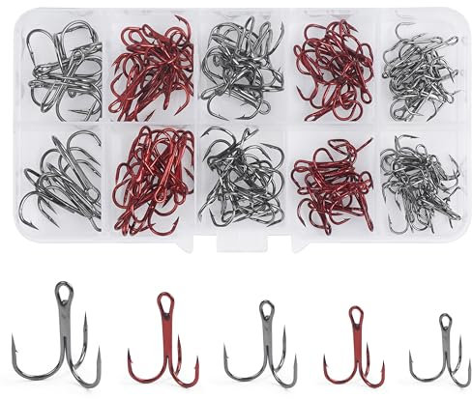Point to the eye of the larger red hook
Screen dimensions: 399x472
(x=165, y=299)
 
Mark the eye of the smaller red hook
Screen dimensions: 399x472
(x=355, y=316)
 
